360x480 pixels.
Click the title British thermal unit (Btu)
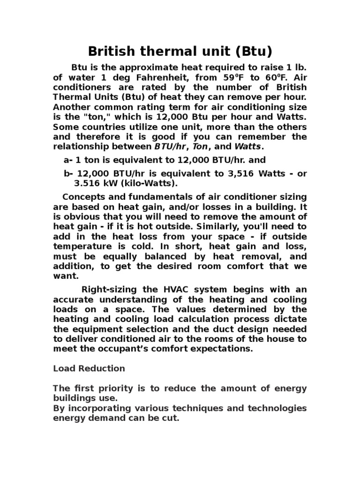(180, 51)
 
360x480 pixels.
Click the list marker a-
(67, 161)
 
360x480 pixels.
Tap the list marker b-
(68, 173)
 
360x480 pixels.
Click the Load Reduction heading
(89, 369)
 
